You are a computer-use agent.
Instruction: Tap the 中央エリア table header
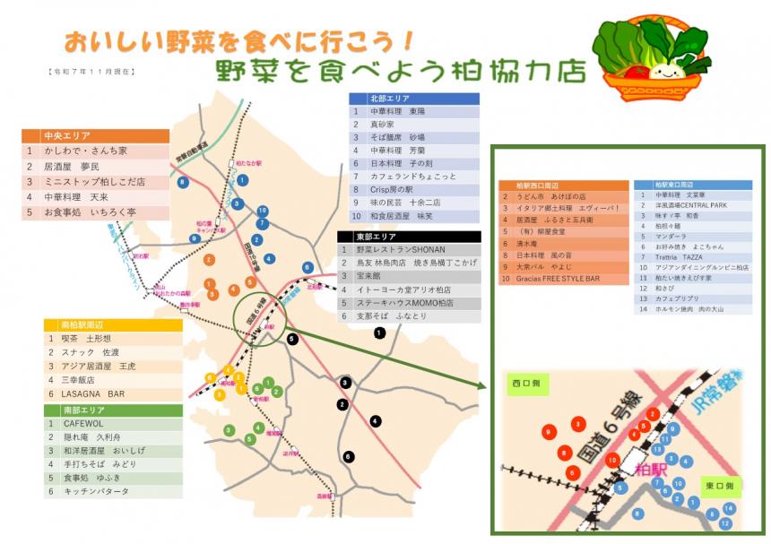(x=94, y=136)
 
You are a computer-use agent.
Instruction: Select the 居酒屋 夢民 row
(x=94, y=167)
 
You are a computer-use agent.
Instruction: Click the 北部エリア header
(x=413, y=99)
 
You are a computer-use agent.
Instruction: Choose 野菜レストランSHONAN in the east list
(x=409, y=250)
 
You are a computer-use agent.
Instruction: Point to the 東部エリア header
(x=409, y=236)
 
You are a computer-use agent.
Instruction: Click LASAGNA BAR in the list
(x=113, y=393)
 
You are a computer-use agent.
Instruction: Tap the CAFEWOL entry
(x=113, y=423)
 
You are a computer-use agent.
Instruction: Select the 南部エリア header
(x=113, y=410)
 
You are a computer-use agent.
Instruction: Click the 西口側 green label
(x=528, y=384)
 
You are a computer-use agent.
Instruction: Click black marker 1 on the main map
(x=380, y=333)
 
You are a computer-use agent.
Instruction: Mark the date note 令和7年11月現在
(x=90, y=70)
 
